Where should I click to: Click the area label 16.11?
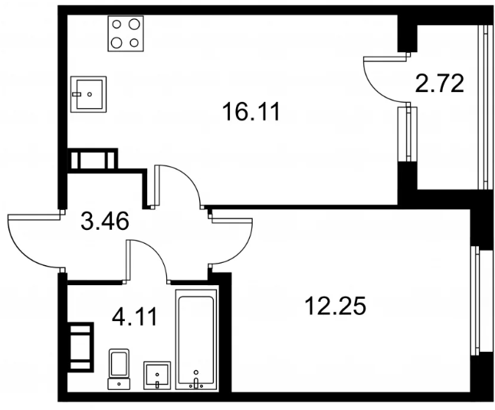pyautogui.click(x=251, y=113)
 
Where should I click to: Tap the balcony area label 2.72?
pyautogui.click(x=439, y=84)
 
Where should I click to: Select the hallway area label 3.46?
pyautogui.click(x=105, y=221)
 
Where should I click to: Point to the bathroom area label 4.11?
pyautogui.click(x=135, y=317)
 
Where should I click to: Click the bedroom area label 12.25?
pyautogui.click(x=336, y=306)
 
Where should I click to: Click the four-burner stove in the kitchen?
pyautogui.click(x=126, y=34)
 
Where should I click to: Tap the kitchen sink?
pyautogui.click(x=89, y=93)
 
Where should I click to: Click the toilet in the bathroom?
pyautogui.click(x=119, y=369)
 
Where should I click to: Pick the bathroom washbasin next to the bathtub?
pyautogui.click(x=157, y=376)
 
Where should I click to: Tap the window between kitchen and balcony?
pyautogui.click(x=407, y=134)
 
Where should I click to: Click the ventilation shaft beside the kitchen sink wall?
pyautogui.click(x=92, y=160)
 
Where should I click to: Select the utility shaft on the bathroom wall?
pyautogui.click(x=80, y=346)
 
